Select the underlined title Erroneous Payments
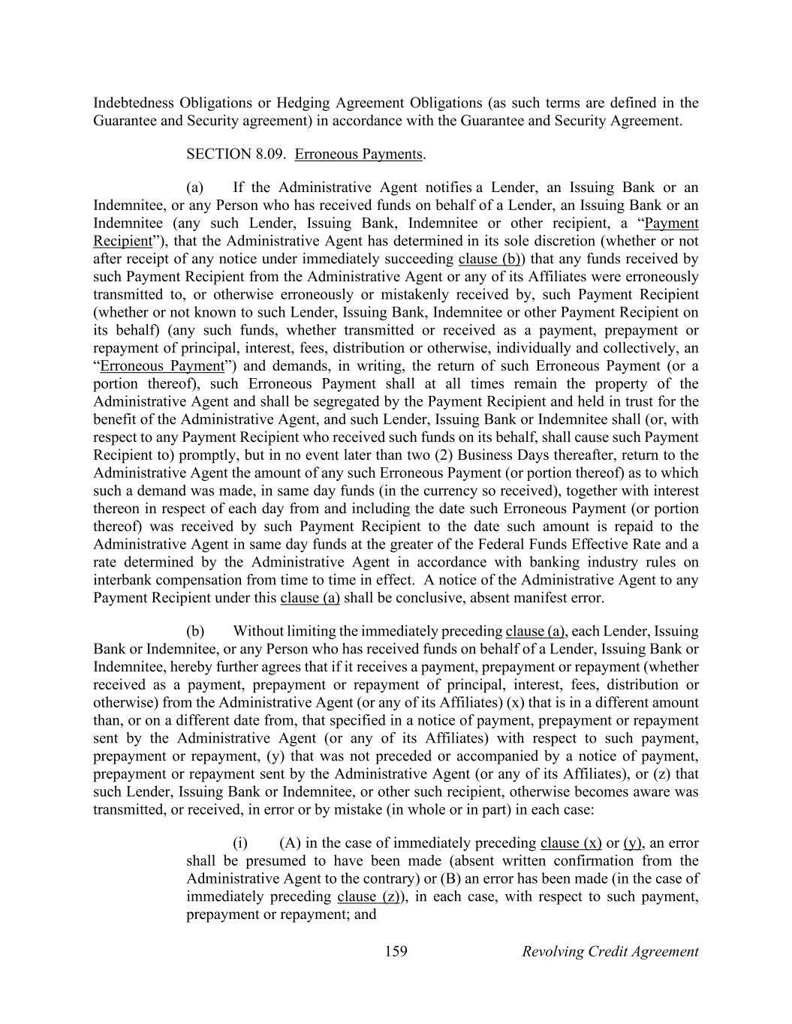tap(359, 155)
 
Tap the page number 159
tap(396, 952)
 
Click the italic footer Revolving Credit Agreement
tap(610, 952)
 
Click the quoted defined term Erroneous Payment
tap(161, 367)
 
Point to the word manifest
tap(542, 599)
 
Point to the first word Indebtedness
tap(134, 104)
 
